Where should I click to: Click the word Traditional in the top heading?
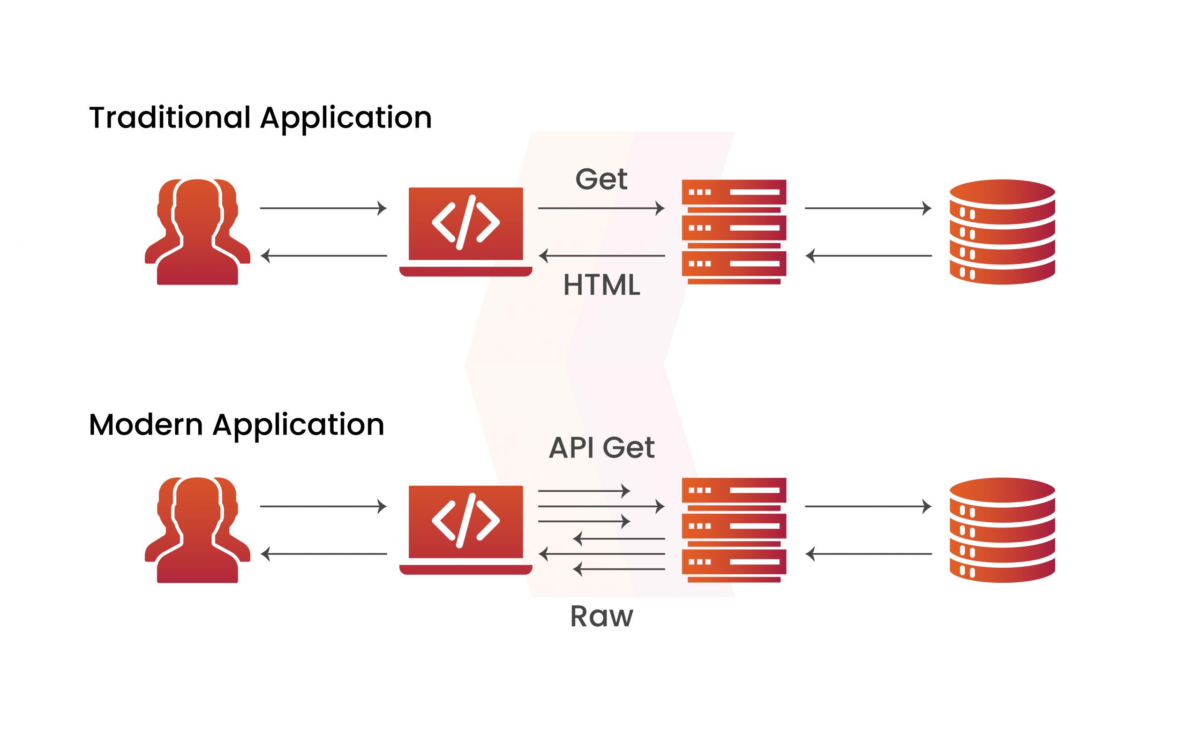(x=170, y=118)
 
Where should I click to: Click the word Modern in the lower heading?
(x=145, y=425)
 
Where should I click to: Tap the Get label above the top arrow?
(x=601, y=179)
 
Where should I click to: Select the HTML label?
(x=601, y=286)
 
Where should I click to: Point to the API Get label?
(x=601, y=448)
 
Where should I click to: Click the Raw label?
(x=601, y=616)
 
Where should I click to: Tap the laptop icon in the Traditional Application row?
(x=465, y=231)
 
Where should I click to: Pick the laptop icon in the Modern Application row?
(x=465, y=529)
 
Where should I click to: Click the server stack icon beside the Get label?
(x=734, y=232)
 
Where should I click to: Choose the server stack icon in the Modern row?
(x=734, y=530)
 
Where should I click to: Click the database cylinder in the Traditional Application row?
(x=1002, y=232)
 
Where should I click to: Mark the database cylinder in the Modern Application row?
(x=1002, y=530)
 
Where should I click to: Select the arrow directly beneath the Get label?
(x=601, y=209)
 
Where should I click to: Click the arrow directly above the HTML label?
(x=601, y=256)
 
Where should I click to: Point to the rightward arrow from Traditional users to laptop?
(x=323, y=209)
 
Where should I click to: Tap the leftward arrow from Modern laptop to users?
(x=323, y=554)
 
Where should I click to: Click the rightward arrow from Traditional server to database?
(x=868, y=209)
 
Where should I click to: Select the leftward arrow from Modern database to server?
(x=868, y=554)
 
